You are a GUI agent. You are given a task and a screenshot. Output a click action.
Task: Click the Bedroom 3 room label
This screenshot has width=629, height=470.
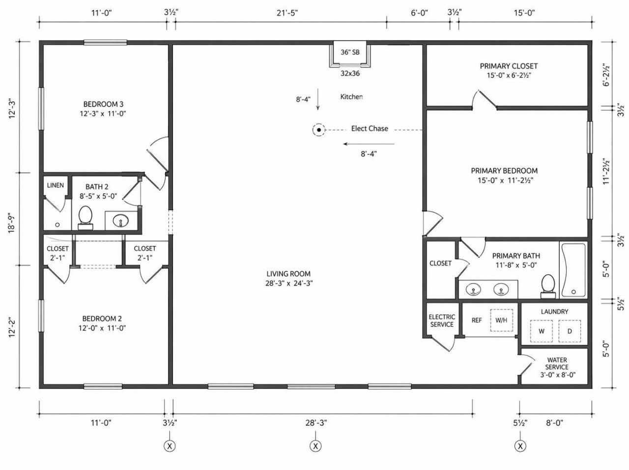[103, 104]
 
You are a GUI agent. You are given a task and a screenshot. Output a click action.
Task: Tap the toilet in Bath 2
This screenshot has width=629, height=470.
[85, 218]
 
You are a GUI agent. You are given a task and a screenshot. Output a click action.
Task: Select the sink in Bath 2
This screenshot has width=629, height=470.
[121, 221]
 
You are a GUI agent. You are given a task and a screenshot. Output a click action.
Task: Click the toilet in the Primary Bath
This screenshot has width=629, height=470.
[548, 286]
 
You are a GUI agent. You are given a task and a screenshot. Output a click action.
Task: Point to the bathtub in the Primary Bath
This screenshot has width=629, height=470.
[573, 270]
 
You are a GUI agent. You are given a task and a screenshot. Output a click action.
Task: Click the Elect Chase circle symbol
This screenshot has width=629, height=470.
[318, 130]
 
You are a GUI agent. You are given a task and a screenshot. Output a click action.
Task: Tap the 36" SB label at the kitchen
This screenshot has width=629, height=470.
[350, 52]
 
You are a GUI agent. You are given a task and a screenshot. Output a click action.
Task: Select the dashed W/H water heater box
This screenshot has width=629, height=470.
[501, 320]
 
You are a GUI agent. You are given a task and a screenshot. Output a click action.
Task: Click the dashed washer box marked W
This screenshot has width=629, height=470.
[542, 331]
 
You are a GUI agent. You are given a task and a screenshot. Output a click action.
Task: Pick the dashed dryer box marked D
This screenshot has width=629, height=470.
[570, 331]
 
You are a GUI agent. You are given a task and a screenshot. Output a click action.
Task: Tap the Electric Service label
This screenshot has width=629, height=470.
[442, 321]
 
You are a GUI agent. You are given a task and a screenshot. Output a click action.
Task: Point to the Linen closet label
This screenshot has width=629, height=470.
[56, 185]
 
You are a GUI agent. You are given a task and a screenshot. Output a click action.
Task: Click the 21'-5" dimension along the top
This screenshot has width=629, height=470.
[287, 13]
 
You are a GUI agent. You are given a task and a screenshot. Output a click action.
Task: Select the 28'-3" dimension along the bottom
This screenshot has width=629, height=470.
[316, 423]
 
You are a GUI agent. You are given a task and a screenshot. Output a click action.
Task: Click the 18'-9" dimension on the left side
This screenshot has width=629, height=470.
[11, 223]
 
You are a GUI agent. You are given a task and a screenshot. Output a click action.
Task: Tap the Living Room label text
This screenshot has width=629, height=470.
[288, 274]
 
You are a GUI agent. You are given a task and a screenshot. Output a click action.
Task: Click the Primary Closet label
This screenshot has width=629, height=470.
[509, 66]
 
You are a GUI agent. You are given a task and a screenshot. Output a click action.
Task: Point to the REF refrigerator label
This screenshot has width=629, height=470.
[477, 320]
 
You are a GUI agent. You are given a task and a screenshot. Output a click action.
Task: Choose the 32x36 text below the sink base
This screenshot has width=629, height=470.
[350, 73]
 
